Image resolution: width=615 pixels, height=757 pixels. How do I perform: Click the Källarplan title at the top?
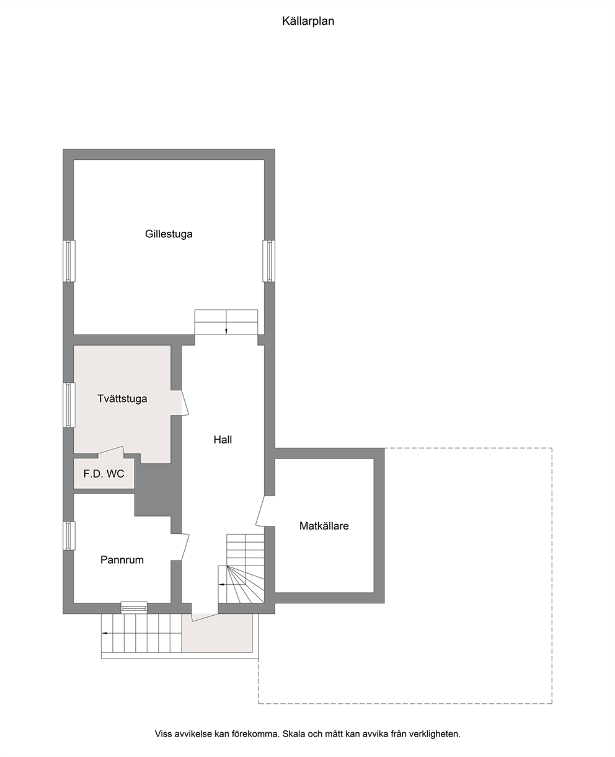tap(308, 21)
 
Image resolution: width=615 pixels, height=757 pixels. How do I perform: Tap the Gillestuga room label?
tap(169, 234)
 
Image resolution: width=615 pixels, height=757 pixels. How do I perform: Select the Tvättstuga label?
tap(122, 398)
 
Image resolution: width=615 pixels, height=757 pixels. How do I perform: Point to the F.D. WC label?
tap(104, 473)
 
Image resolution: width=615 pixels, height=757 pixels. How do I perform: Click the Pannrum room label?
tap(122, 560)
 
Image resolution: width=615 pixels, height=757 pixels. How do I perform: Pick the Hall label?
tap(223, 440)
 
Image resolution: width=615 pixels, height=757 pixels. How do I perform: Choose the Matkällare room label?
tap(324, 526)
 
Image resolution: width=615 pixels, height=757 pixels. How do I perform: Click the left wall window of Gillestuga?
tap(69, 261)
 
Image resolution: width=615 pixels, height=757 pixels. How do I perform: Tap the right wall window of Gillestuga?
tap(269, 261)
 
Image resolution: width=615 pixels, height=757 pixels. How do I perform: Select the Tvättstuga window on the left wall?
tap(69, 405)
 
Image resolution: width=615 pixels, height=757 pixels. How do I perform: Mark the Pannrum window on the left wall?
tap(69, 536)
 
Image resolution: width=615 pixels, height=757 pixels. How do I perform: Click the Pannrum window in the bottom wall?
tap(134, 607)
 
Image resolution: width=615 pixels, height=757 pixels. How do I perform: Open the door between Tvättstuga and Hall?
tap(185, 403)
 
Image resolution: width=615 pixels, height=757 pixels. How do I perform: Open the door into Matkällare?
tap(260, 510)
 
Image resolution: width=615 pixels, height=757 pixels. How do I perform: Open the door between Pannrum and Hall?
tap(185, 547)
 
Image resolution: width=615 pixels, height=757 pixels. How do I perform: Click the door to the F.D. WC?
tap(111, 451)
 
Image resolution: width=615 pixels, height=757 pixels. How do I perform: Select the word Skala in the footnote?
tap(294, 734)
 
